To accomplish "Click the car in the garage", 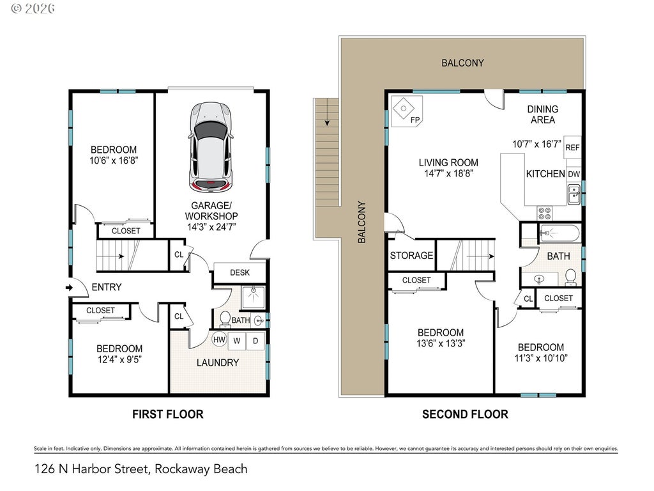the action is coord(211,146).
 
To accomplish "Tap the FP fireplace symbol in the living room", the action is coord(407,111).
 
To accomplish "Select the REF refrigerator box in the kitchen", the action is coord(572,147).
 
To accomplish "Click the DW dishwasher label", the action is coord(574,174).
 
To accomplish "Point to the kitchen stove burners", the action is coord(544,214).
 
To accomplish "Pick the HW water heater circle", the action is coord(220,339).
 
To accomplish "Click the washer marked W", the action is coord(236,341).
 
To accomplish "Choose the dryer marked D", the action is coord(255,341).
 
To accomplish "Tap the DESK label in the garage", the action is coord(240,272).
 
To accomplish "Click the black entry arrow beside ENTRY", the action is coord(69,287).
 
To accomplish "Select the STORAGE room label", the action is coord(412,256).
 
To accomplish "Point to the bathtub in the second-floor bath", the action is coord(559,233).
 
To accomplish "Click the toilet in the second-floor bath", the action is coord(570,277).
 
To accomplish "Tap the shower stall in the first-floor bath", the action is coord(252,297).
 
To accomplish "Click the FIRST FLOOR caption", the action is coord(168,414).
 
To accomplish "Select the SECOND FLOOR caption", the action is coord(465,414).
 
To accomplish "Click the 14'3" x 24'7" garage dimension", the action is coord(211,227).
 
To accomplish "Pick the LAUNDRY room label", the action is coord(218,363).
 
